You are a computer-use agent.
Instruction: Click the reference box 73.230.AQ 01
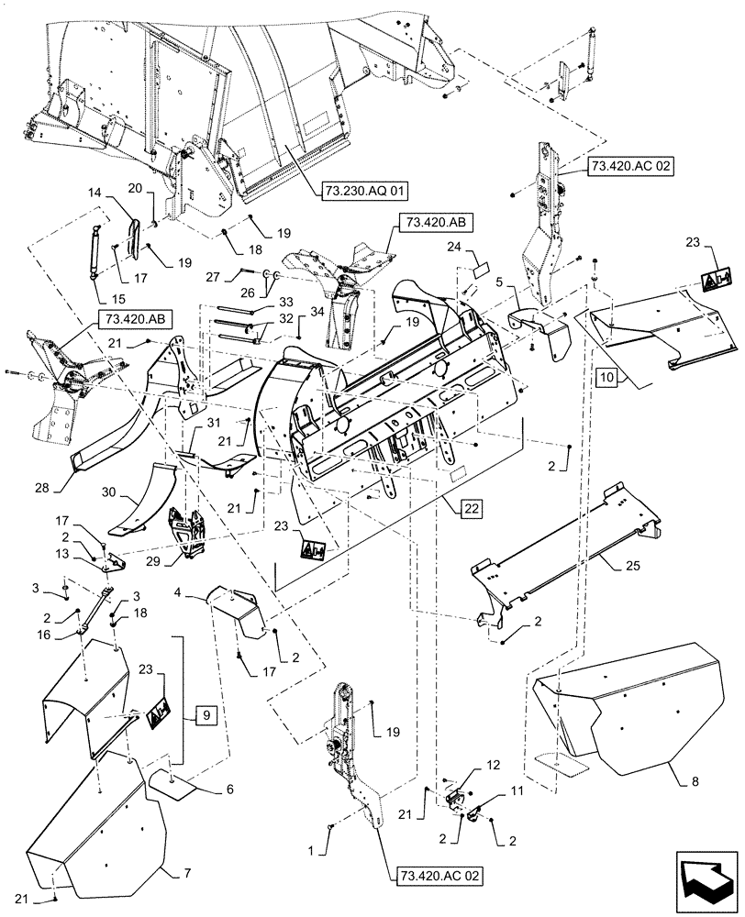(364, 191)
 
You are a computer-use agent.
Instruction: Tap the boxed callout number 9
(206, 713)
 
